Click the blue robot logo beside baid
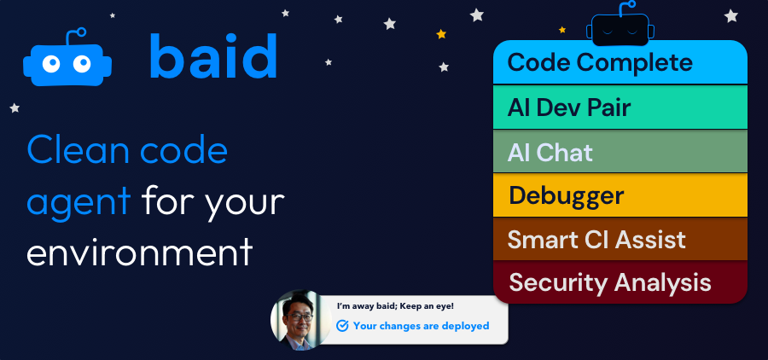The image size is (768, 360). click(x=67, y=61)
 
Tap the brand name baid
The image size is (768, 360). click(x=212, y=58)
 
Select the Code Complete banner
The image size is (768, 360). click(x=620, y=62)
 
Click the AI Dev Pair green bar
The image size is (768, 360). click(x=620, y=107)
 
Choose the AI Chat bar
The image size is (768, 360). click(x=620, y=152)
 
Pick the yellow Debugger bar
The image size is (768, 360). click(x=620, y=195)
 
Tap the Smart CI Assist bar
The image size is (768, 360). click(x=620, y=239)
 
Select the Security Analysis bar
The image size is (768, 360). click(x=620, y=282)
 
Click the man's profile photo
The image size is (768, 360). click(x=298, y=319)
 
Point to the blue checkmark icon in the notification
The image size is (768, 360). click(x=342, y=325)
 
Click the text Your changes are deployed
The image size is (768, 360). click(x=421, y=325)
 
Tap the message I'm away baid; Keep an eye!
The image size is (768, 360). click(x=395, y=306)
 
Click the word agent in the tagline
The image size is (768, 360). click(x=79, y=203)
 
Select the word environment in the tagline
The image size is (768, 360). click(x=140, y=253)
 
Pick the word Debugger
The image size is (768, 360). click(x=566, y=195)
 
